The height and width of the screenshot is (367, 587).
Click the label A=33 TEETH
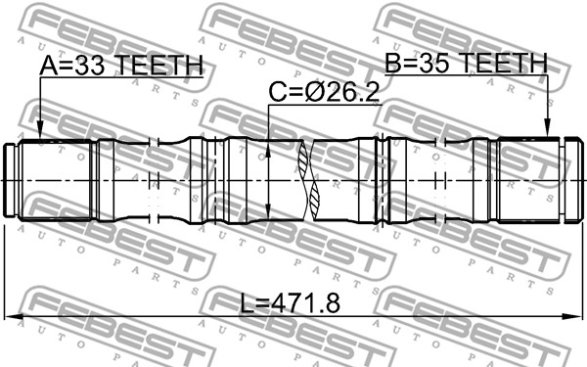121,66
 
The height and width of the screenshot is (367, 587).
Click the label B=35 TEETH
466,63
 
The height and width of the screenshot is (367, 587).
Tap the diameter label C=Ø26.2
324,92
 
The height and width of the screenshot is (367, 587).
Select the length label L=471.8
291,303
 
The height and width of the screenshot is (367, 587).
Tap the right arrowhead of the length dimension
573,317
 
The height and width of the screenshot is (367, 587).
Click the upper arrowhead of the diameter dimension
268,149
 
